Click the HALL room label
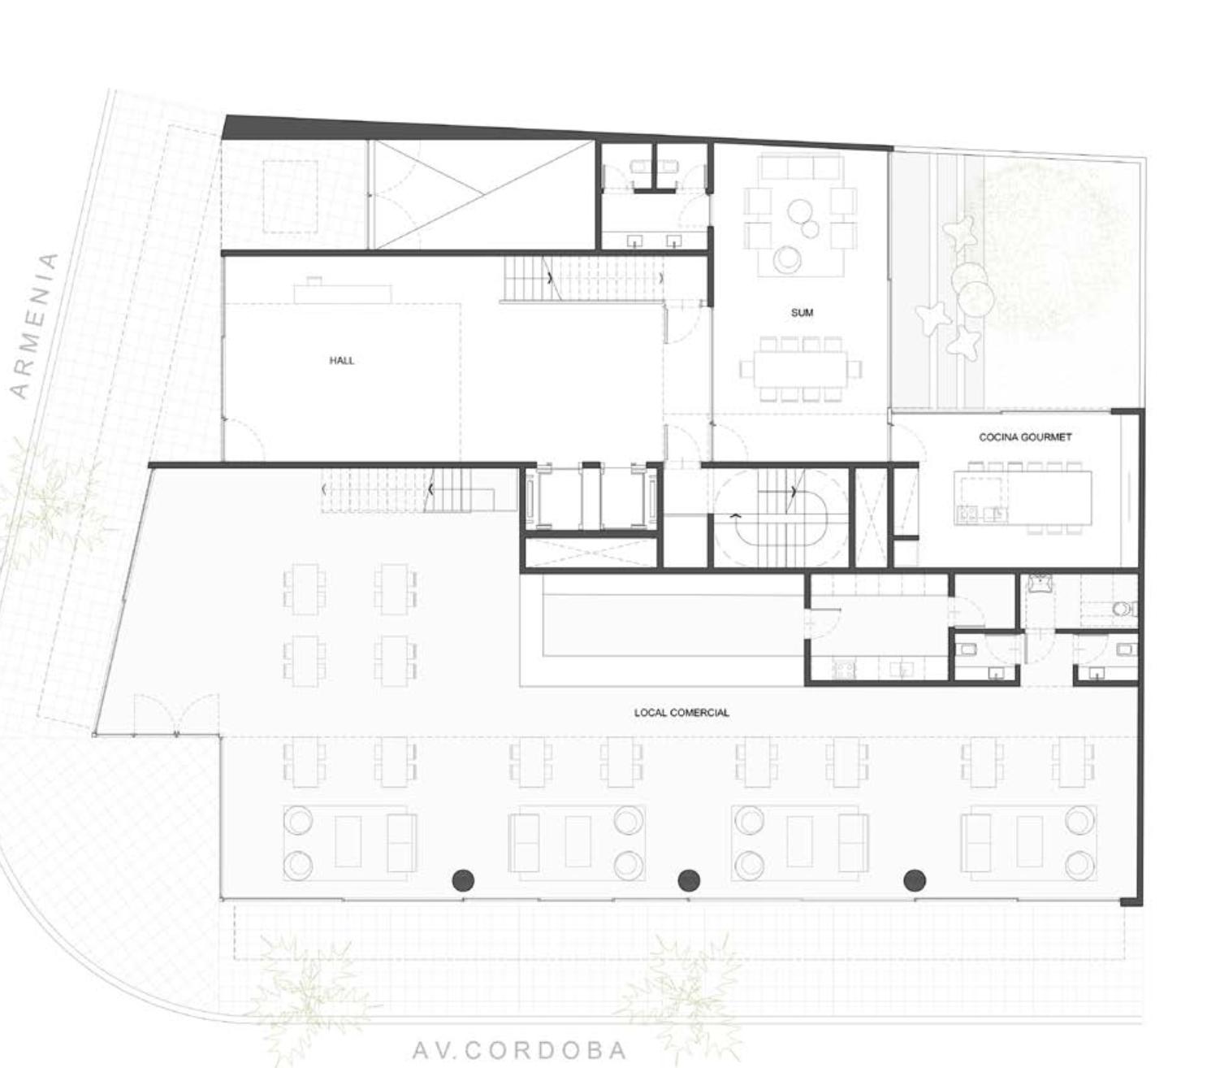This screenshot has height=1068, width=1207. point(341,360)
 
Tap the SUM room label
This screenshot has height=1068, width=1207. point(802,312)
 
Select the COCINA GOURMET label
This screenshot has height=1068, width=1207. point(1025,437)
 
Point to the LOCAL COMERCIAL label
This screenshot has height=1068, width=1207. point(681,713)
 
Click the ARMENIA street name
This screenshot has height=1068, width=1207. point(36,326)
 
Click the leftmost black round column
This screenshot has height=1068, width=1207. point(464,879)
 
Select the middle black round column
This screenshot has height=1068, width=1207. point(690,879)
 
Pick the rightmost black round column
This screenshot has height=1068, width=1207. point(915,879)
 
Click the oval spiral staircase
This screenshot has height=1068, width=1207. point(781,518)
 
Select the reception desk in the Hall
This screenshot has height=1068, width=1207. point(343,293)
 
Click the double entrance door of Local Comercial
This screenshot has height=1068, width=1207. point(176,714)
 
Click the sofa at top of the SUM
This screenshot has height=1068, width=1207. point(800,167)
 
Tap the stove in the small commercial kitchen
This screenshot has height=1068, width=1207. point(843,670)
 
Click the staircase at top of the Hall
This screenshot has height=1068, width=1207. point(584,278)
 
